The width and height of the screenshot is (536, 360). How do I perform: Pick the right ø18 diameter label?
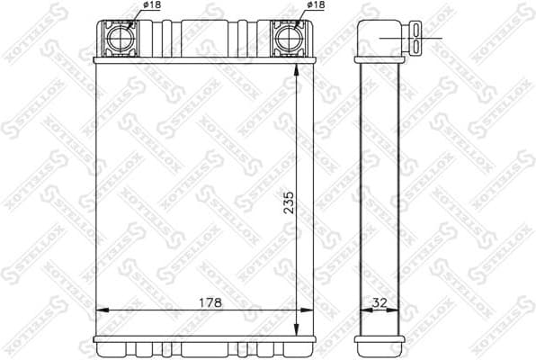coord(316,7)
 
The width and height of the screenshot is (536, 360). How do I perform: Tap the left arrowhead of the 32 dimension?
coord(363,310)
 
